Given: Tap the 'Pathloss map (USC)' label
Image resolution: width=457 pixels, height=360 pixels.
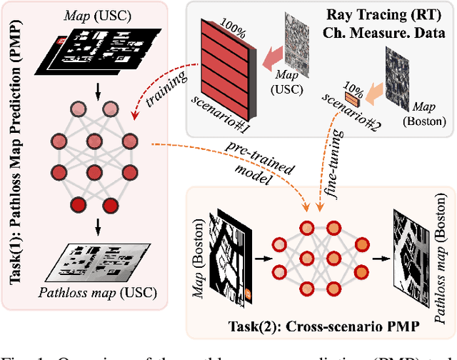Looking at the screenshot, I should point(99,291).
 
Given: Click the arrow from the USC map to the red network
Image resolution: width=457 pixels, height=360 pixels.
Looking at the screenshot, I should point(97,88).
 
